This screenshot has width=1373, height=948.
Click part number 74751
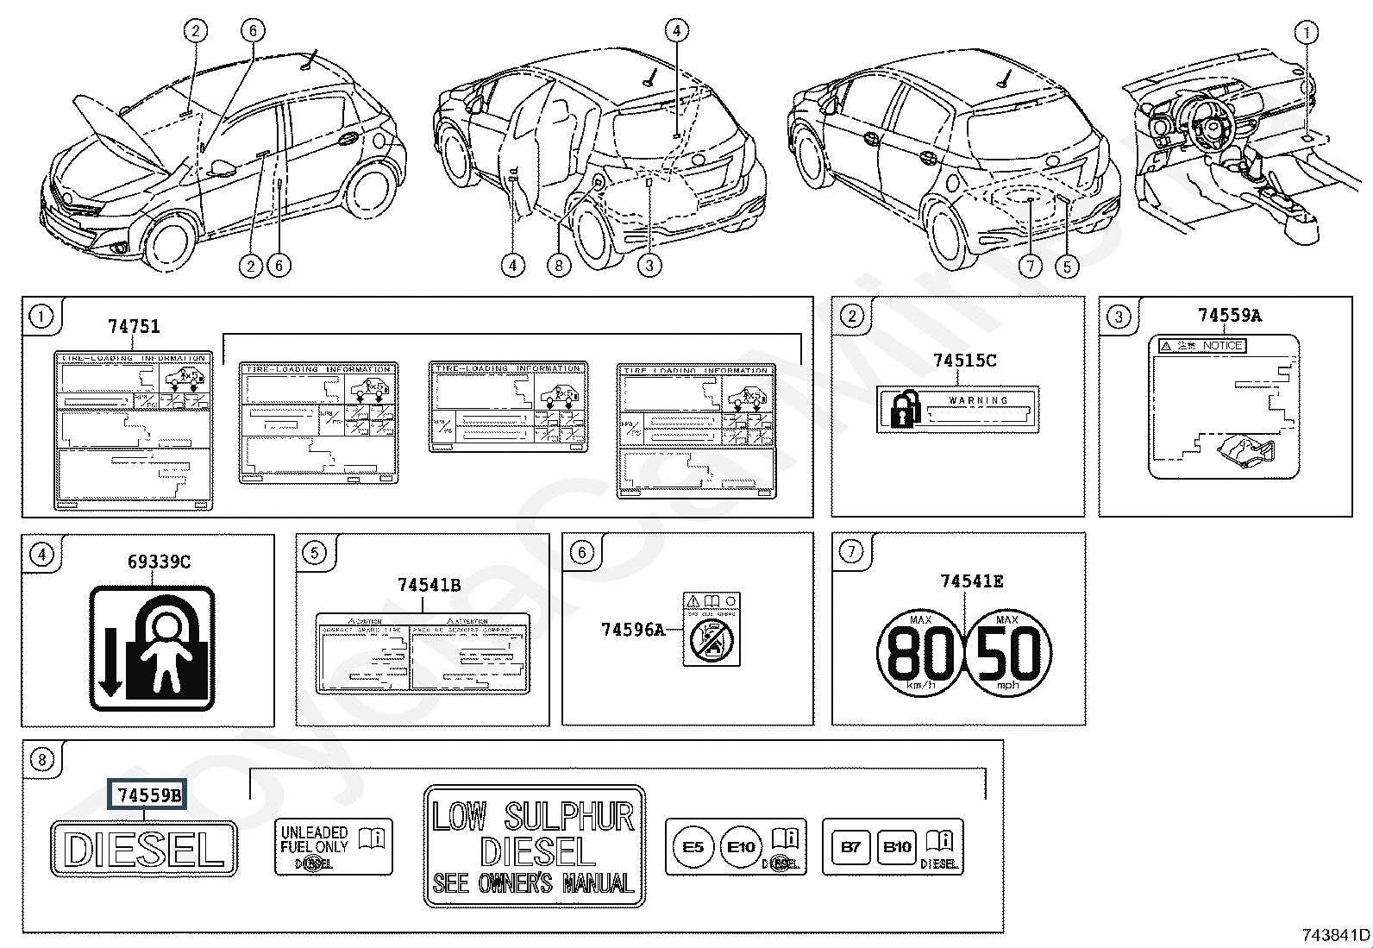point(134,326)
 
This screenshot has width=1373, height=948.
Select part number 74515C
point(964,361)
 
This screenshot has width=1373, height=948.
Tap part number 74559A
point(1229,316)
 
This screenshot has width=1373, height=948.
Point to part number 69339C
point(159,562)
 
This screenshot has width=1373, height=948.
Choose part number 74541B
point(429,586)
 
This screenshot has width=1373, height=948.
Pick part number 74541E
point(971,582)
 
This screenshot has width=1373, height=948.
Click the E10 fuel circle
point(741,847)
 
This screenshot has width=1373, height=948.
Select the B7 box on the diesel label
point(850,847)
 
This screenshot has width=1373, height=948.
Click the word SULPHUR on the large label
point(569,816)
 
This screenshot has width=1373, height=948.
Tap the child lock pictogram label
point(152,648)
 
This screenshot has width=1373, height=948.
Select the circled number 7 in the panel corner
point(851,552)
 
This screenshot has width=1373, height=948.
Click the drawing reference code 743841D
point(1335,935)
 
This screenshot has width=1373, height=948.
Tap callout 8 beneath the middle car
point(559,266)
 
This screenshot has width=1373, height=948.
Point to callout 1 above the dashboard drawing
point(1307,34)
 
